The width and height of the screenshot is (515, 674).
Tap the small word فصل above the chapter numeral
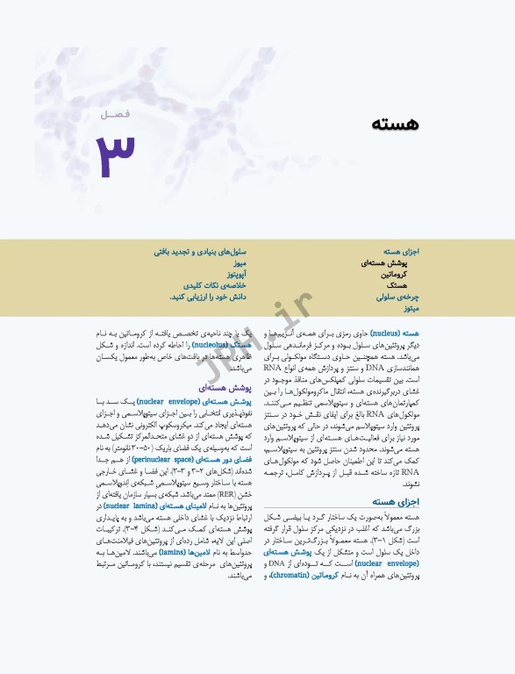[x=114, y=115]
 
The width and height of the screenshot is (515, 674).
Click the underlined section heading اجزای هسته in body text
[x=399, y=501]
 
